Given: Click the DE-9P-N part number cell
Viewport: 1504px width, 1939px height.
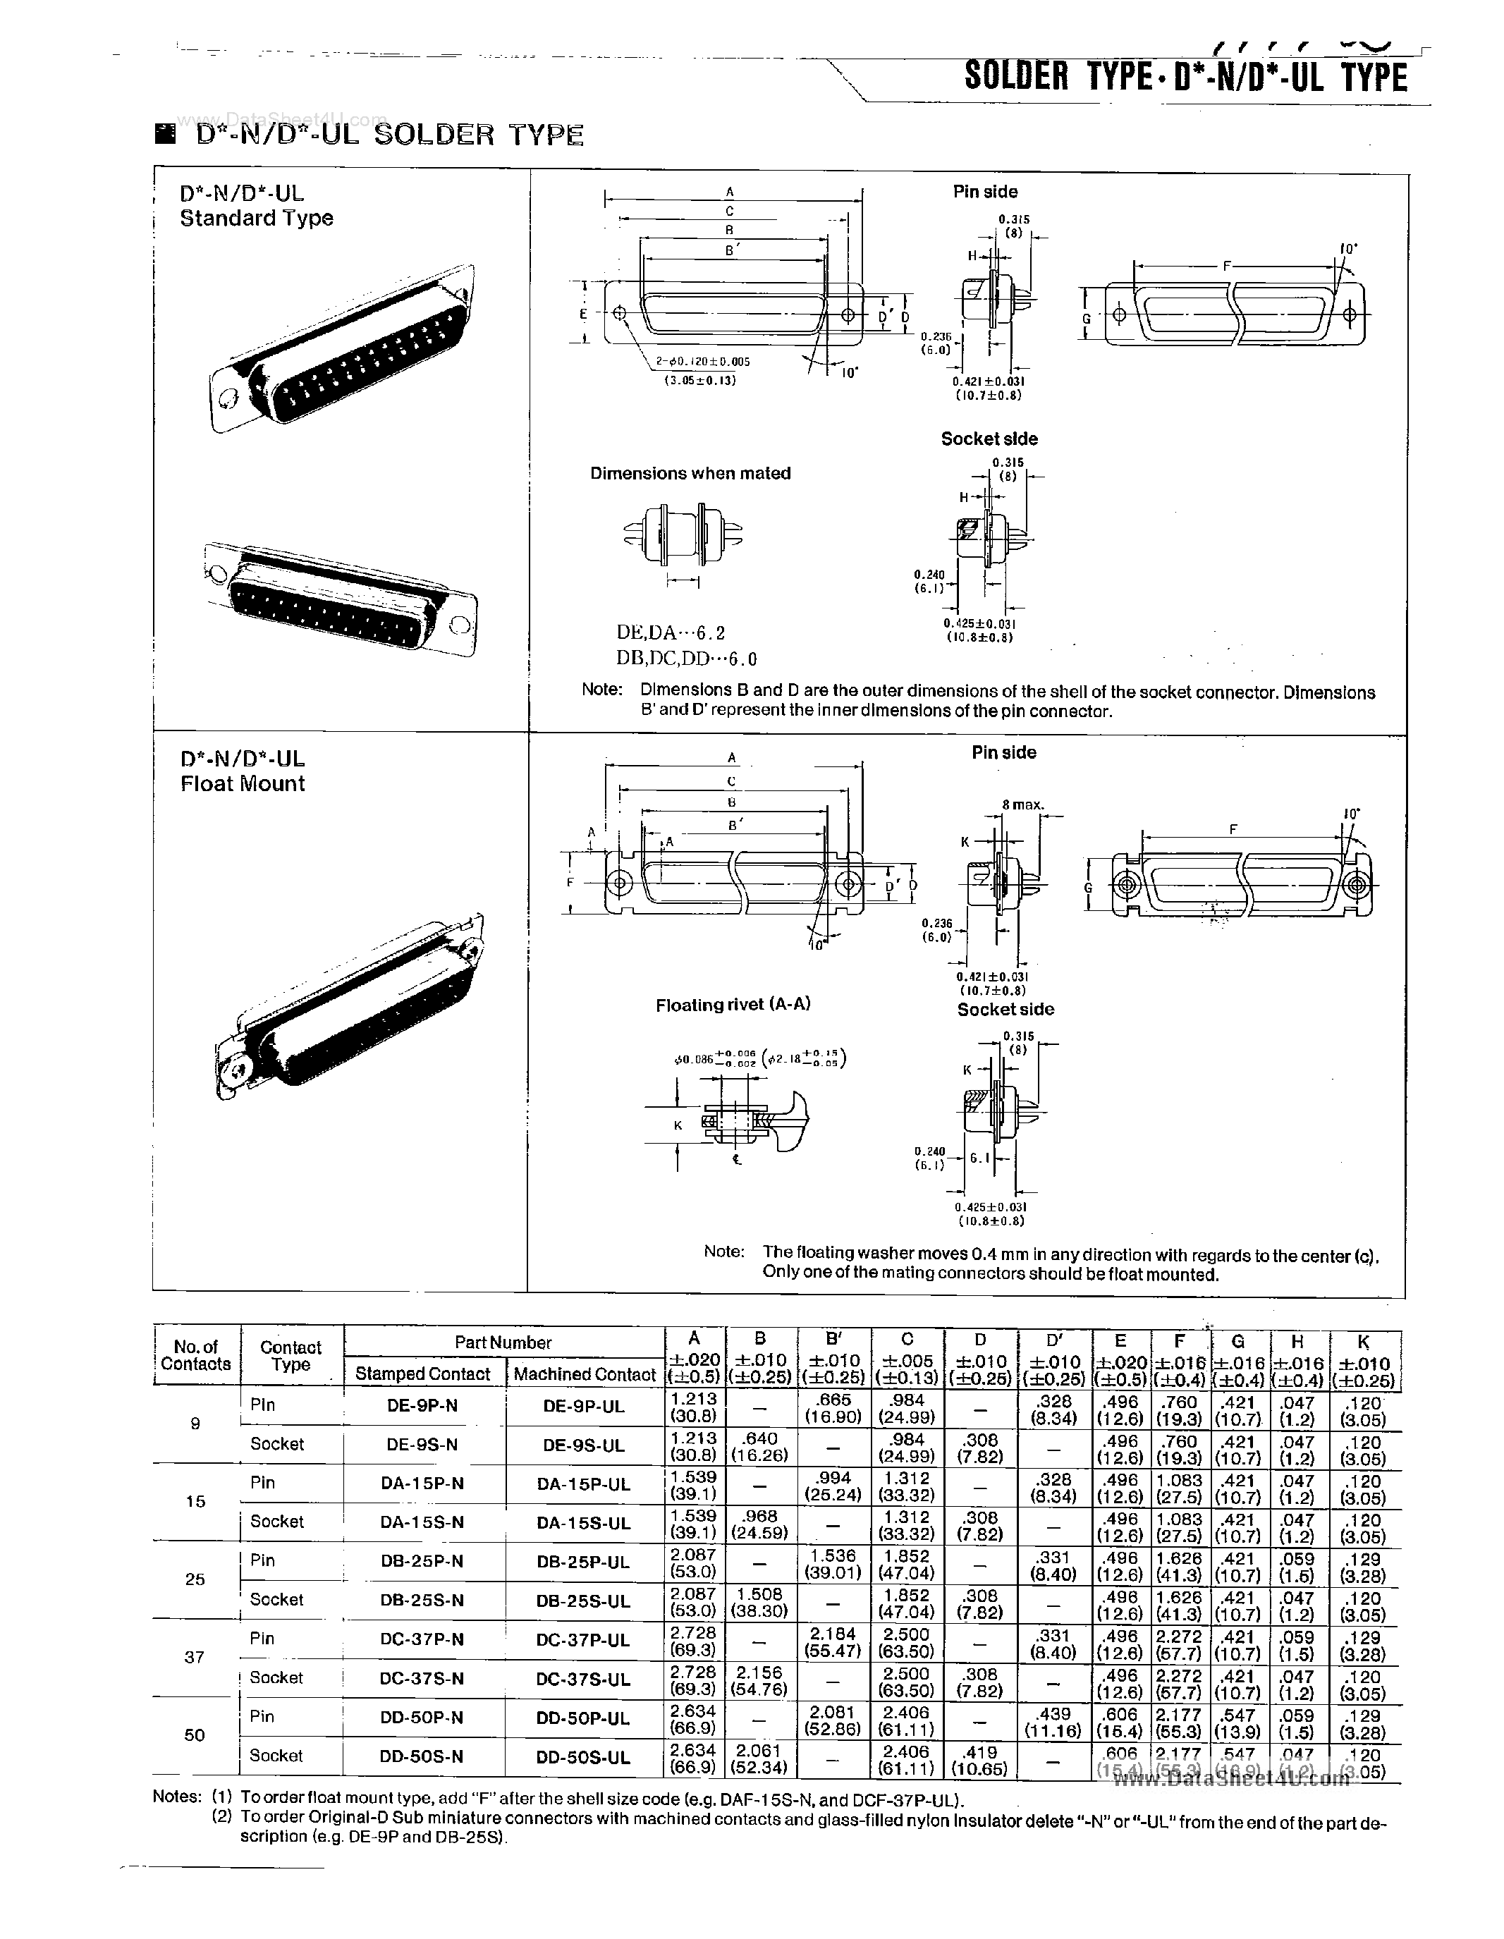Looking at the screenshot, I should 422,1405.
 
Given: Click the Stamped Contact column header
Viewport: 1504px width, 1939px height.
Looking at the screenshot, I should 422,1374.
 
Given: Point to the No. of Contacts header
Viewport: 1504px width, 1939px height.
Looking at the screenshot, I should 196,1354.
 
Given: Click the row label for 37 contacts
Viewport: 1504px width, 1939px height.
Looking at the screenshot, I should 195,1657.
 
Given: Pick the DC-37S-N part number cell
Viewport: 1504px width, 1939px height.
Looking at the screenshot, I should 422,1679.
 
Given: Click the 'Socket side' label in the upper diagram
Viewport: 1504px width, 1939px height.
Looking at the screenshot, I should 989,439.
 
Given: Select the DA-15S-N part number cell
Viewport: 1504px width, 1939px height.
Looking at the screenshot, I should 422,1522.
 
